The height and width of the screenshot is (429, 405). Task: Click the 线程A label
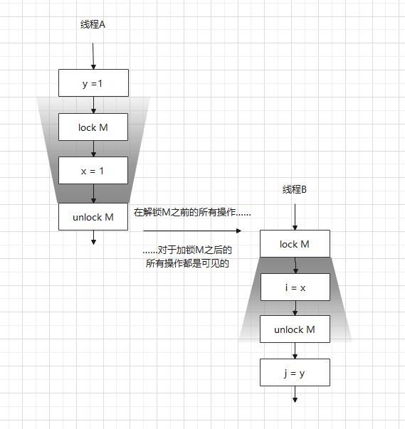pyautogui.click(x=93, y=25)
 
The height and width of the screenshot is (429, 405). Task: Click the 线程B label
pyautogui.click(x=294, y=189)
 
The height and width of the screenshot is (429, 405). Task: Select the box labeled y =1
pyautogui.click(x=93, y=83)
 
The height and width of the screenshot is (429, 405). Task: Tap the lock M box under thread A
pyautogui.click(x=93, y=127)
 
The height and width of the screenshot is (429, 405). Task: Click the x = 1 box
pyautogui.click(x=93, y=171)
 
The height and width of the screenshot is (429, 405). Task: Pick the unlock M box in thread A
pyautogui.click(x=93, y=217)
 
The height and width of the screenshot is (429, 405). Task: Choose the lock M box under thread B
pyautogui.click(x=295, y=244)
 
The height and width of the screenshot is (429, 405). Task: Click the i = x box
pyautogui.click(x=295, y=287)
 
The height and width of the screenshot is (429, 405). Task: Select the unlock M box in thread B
pyautogui.click(x=295, y=329)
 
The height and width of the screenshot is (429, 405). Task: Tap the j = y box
pyautogui.click(x=295, y=371)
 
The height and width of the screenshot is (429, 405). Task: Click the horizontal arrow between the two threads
pyautogui.click(x=192, y=231)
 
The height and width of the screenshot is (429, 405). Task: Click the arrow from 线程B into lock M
pyautogui.click(x=295, y=216)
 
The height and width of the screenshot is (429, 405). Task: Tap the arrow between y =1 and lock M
pyautogui.click(x=93, y=105)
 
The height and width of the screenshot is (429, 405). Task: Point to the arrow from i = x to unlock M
pyautogui.click(x=295, y=308)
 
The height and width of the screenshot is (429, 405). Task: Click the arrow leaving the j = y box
pyautogui.click(x=295, y=394)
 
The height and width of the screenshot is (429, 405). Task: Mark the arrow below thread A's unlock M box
pyautogui.click(x=93, y=238)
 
